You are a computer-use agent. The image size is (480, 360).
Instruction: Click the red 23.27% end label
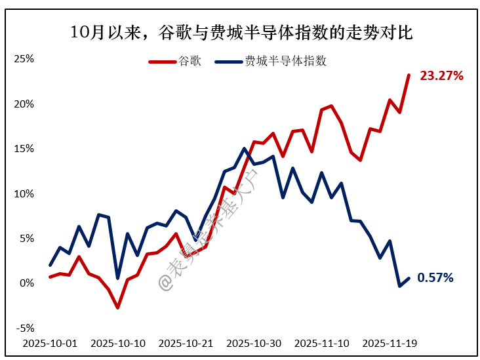click(x=442, y=76)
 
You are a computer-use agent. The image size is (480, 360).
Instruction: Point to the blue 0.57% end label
click(x=435, y=278)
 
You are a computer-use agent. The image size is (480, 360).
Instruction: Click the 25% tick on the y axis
click(x=24, y=59)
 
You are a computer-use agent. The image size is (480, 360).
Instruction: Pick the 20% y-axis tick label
click(x=24, y=104)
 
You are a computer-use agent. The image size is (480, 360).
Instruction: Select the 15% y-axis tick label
click(x=24, y=149)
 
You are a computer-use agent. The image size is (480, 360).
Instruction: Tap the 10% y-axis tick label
click(x=24, y=193)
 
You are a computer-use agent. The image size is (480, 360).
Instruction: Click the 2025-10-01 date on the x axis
click(x=50, y=343)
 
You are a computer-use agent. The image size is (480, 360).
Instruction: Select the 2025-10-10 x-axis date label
click(x=118, y=343)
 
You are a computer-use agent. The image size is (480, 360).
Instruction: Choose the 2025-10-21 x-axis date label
click(x=186, y=343)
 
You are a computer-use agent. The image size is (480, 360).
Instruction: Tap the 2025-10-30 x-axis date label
click(x=254, y=343)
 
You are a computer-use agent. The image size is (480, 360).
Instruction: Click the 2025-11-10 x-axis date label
click(x=322, y=343)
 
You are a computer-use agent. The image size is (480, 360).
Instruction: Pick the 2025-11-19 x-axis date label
click(x=390, y=343)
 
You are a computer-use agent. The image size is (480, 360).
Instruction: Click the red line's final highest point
click(x=409, y=75)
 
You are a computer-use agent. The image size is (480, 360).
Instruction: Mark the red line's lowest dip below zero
click(x=118, y=308)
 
